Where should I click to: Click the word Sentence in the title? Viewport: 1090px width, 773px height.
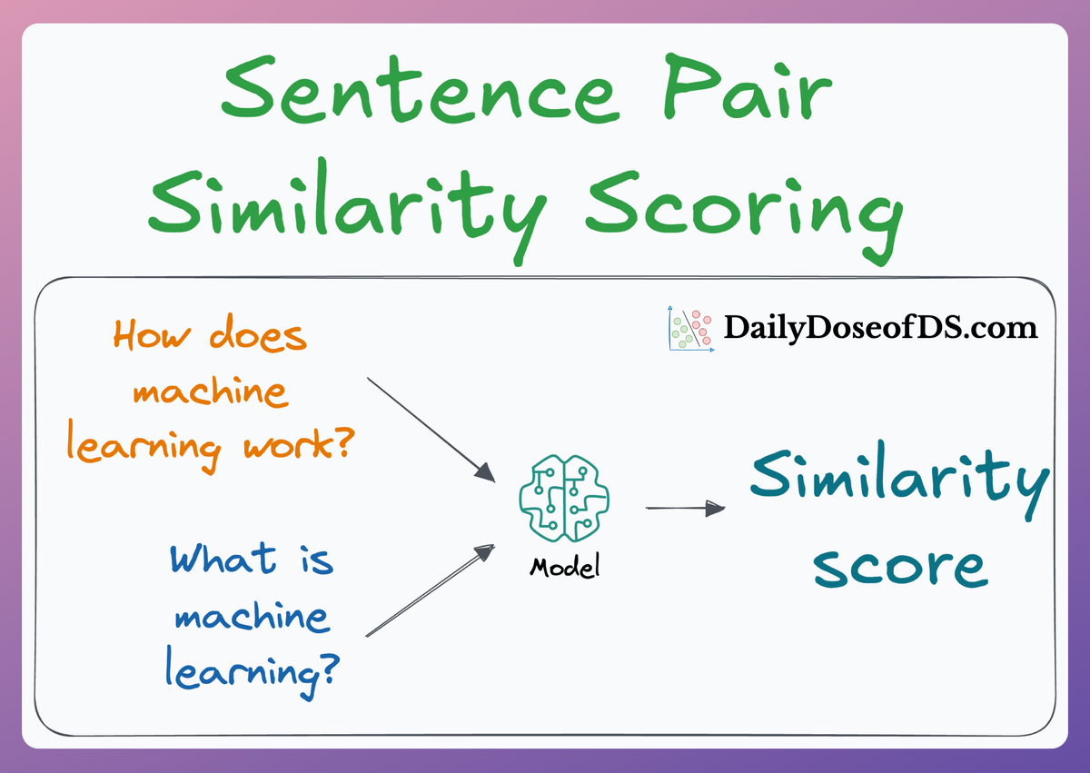(421, 89)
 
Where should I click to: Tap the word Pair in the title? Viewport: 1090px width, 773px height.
(748, 86)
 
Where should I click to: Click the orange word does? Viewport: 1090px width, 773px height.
(258, 332)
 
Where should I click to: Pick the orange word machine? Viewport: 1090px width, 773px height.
(210, 391)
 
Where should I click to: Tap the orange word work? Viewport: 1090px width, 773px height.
(299, 443)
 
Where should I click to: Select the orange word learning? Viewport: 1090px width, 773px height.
(144, 446)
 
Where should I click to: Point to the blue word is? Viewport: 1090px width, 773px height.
(317, 560)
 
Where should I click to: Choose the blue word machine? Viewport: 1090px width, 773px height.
(253, 617)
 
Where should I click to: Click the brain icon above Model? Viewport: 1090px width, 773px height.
(564, 499)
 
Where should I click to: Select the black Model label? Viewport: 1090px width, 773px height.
(565, 567)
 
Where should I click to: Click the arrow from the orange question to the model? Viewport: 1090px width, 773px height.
(431, 430)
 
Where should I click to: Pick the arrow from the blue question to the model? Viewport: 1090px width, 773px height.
(431, 590)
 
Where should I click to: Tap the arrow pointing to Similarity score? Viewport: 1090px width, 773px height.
(685, 509)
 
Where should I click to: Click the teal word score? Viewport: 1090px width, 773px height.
(900, 569)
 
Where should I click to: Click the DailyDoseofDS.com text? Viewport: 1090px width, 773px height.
(880, 327)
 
